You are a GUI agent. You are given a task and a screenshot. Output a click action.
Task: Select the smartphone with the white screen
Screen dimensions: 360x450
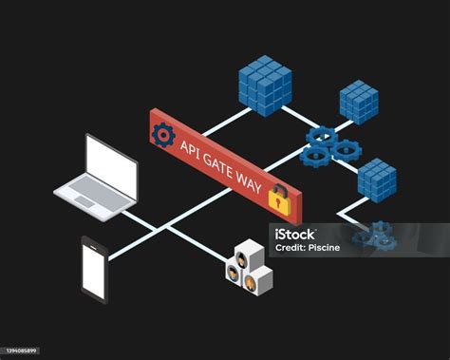pyautogui.click(x=94, y=269)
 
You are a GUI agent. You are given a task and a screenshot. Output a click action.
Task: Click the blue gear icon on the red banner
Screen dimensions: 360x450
pyautogui.click(x=163, y=136)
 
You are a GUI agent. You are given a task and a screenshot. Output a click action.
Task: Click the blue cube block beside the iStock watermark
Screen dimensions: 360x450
pyautogui.click(x=376, y=180)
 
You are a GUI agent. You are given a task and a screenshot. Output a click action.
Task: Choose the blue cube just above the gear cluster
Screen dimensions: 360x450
pyautogui.click(x=358, y=102)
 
